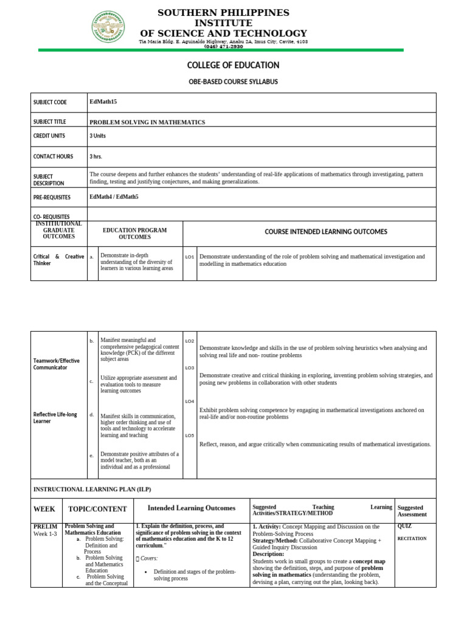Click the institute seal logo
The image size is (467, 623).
[x=109, y=27]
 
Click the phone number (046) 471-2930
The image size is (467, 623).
[x=223, y=46]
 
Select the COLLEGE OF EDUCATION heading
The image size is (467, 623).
[x=233, y=65]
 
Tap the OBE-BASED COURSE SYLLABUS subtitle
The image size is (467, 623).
[x=233, y=82]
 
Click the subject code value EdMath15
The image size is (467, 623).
[x=103, y=102]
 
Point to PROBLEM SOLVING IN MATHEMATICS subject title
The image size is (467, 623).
[x=147, y=122]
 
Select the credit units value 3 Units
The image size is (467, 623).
[x=97, y=136]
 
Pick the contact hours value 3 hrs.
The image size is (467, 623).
[x=95, y=157]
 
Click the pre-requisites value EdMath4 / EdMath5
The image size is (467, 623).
[x=114, y=197]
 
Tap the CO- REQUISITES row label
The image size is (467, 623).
[x=52, y=217]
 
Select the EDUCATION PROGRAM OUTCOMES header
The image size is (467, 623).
[x=135, y=234]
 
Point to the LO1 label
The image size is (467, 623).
[x=190, y=257]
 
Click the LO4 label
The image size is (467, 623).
[x=190, y=402]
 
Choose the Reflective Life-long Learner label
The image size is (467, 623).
[x=55, y=418]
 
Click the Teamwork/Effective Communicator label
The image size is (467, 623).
[x=57, y=364]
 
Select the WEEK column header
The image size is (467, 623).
[x=44, y=509]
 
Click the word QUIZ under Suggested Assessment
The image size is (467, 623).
[x=404, y=526]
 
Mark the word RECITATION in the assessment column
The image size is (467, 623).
[x=412, y=538]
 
